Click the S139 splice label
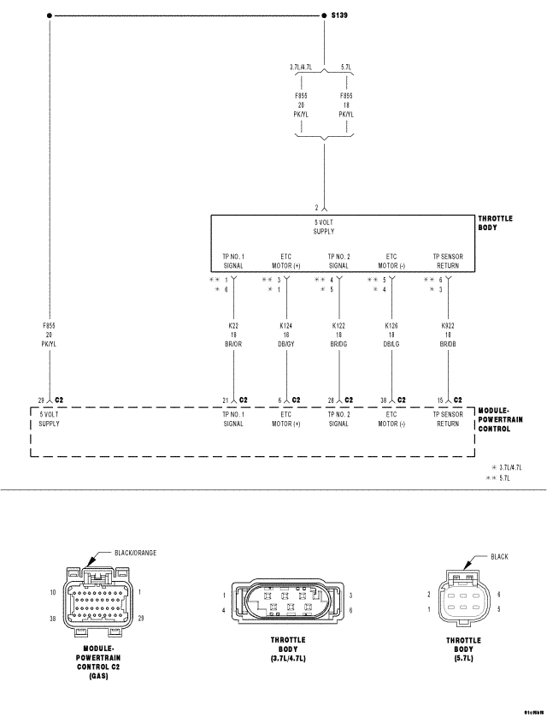tap(338, 15)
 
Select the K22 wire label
tap(233, 326)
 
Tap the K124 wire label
tap(285, 326)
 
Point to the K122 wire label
tap(338, 326)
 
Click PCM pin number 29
tap(40, 400)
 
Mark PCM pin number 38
tap(385, 400)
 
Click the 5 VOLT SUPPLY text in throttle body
tap(323, 227)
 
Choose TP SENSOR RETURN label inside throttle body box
tap(448, 260)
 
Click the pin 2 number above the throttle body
tap(315, 207)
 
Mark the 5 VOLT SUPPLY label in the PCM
tap(49, 419)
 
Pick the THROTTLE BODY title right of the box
tap(495, 222)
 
